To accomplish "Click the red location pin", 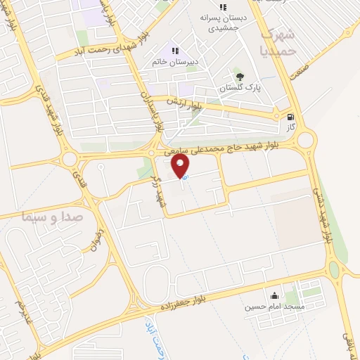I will [x=182, y=166].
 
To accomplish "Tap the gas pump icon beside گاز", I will [x=291, y=117].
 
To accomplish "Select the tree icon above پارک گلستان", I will [x=240, y=77].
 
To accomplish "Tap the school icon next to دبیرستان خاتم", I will [x=175, y=51].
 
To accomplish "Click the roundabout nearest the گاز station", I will [x=305, y=139].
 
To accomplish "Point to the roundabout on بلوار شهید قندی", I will [x=71, y=160].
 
